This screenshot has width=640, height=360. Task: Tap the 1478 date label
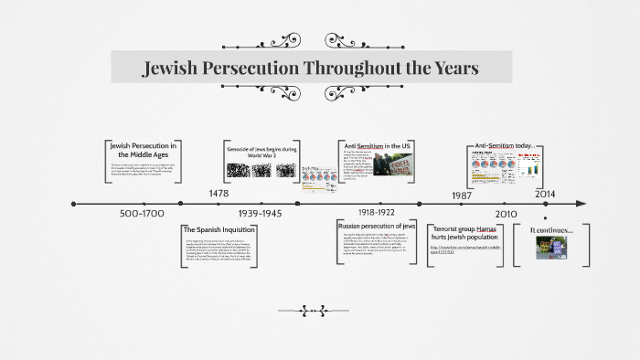[219, 194]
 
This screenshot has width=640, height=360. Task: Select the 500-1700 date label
[142, 214]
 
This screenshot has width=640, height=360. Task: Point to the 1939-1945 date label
[261, 214]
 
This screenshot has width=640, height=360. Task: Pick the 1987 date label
[462, 195]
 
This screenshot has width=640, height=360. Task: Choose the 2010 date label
[507, 214]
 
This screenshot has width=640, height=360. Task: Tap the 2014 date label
[545, 195]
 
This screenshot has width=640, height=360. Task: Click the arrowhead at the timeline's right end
[581, 204]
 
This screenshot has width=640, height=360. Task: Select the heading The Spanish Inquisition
[219, 229]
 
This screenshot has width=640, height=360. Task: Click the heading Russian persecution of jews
[377, 225]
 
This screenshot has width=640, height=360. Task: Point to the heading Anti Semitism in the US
[378, 145]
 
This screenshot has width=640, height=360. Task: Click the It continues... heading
[551, 230]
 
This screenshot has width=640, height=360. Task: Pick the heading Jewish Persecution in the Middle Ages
[144, 150]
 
